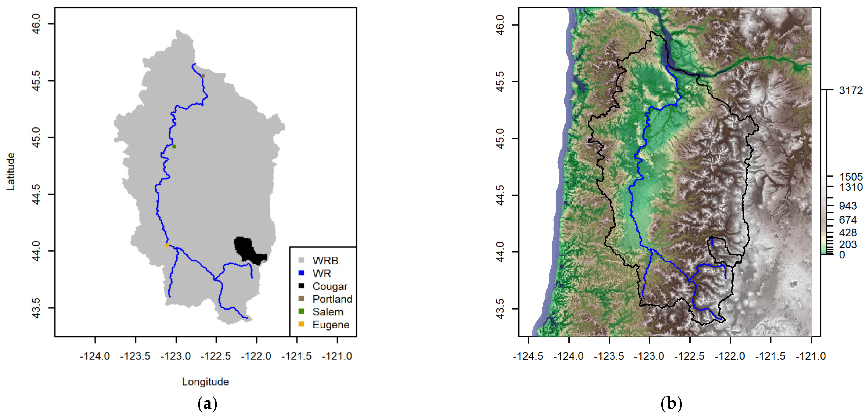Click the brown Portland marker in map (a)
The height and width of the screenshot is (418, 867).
(x=203, y=76)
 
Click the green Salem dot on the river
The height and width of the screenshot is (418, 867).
(x=174, y=146)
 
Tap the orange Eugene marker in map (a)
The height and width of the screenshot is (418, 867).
(x=167, y=245)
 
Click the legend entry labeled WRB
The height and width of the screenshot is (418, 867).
(x=325, y=261)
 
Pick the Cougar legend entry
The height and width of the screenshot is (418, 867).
(x=329, y=286)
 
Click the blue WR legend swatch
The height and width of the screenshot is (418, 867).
(x=301, y=273)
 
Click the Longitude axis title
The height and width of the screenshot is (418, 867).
(x=205, y=382)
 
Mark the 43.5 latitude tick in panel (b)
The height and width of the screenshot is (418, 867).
(x=500, y=309)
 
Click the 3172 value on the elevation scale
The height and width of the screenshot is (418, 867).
(x=851, y=90)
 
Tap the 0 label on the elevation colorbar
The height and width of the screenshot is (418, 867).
(x=842, y=255)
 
